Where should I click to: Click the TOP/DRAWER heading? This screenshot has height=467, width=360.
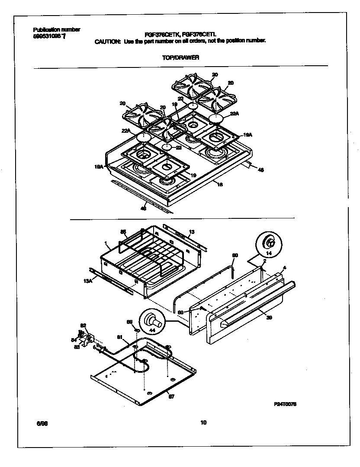(x=186, y=57)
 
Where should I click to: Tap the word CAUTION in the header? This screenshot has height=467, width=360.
(x=107, y=41)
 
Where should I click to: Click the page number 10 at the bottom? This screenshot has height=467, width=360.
(x=203, y=423)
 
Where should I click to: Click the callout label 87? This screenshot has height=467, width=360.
(x=171, y=396)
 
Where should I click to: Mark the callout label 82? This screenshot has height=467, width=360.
(x=84, y=325)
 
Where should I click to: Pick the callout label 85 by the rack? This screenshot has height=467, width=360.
(x=123, y=232)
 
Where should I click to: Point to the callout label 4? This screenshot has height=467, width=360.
(x=284, y=268)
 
